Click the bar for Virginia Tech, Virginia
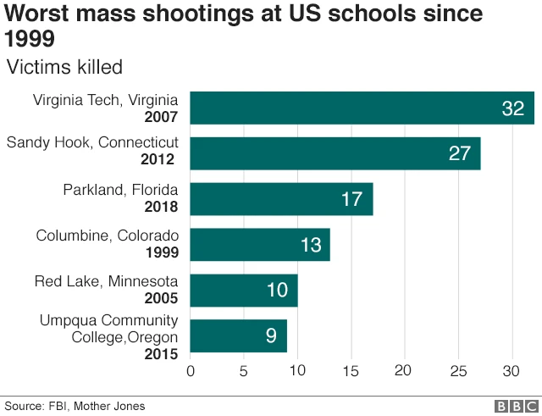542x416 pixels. pos(362,108)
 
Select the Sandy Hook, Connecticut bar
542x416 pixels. pos(335,153)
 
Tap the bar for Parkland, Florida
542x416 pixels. pos(281,199)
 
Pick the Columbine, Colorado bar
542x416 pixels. pos(259,245)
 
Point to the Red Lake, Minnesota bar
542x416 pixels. pos(243,291)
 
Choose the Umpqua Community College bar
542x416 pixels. pos(238,336)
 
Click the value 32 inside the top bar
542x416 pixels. pos(513,108)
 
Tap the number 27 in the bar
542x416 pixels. pos(460,153)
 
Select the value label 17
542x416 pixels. pos(351,199)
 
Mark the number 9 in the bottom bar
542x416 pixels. pos(271,336)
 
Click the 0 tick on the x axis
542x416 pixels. pos(190,371)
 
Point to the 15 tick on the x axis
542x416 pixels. pos(351,371)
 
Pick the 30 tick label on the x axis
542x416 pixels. pos(511,371)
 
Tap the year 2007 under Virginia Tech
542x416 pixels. pos(161,116)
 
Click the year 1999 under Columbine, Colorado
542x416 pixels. pos(161,252)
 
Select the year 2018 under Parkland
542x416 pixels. pos(161,206)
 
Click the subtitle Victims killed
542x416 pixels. pos(64,66)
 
